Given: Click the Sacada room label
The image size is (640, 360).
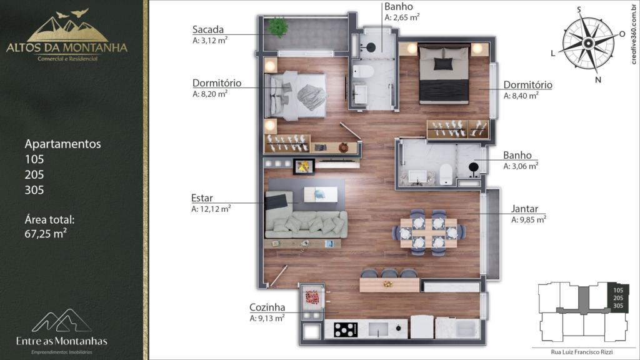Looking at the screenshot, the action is coord(207,29).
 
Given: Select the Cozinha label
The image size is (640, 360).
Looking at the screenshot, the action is coord(267,307).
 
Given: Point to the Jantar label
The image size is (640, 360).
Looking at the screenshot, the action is coord(524,209).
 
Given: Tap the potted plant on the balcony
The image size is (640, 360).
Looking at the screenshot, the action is coord(278,27).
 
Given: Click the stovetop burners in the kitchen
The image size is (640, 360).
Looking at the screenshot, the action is coord(346,329).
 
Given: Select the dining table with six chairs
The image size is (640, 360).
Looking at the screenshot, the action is coord(428,232).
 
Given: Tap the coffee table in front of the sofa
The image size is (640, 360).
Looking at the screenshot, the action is coord(321,194).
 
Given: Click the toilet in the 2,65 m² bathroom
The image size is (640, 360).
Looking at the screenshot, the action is coord(363,71).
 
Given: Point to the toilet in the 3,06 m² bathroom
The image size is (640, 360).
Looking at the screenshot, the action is coord(446,174).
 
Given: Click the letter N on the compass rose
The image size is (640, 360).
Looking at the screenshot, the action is coord(598,80).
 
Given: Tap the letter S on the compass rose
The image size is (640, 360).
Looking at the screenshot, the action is coord(579,10).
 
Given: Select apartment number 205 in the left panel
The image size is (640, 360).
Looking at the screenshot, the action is coord(34,175).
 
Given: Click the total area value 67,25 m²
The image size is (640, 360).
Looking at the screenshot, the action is coord(46,234).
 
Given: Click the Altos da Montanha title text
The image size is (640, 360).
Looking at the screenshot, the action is coord(66,47).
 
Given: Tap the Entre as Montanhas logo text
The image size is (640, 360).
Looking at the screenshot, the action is coord(62,341).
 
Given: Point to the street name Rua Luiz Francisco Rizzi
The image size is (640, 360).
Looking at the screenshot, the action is coord(582,352).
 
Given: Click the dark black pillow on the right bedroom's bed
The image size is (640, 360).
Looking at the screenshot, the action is coord(443,64).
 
